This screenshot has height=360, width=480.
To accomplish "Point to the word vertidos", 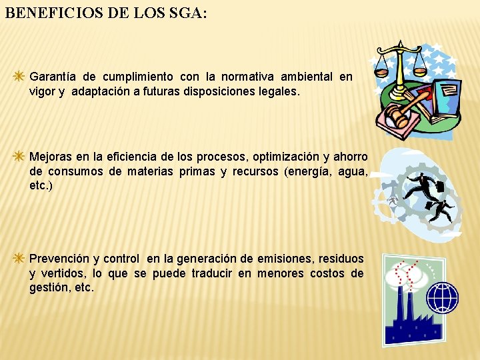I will coord(64,273).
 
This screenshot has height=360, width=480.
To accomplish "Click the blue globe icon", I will coord(442,297).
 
